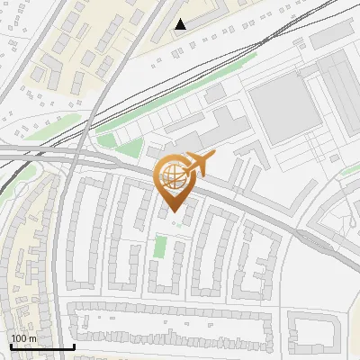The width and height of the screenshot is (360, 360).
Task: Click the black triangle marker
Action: (181, 24)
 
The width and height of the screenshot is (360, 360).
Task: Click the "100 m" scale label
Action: (23, 338)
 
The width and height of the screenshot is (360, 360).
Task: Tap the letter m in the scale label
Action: (33, 338)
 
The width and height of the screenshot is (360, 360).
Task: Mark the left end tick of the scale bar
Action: (10, 346)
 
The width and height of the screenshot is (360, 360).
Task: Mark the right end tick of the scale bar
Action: (74, 346)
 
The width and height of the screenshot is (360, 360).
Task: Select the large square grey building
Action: (283, 108)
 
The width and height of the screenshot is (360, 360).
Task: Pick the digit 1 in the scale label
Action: (14, 338)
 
